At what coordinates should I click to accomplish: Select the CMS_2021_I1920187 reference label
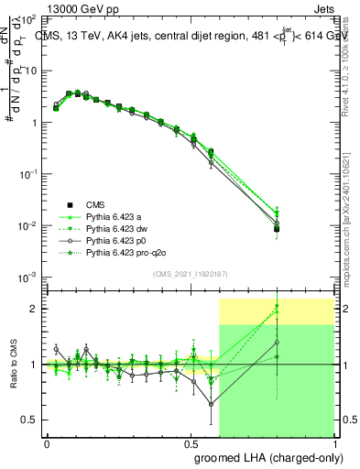(x=191, y=274)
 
